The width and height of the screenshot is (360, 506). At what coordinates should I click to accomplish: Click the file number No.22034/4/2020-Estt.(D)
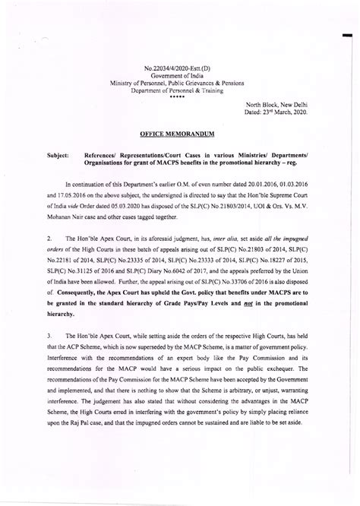[x=180, y=69]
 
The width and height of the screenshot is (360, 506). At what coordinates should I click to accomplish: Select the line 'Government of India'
[x=180, y=76]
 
